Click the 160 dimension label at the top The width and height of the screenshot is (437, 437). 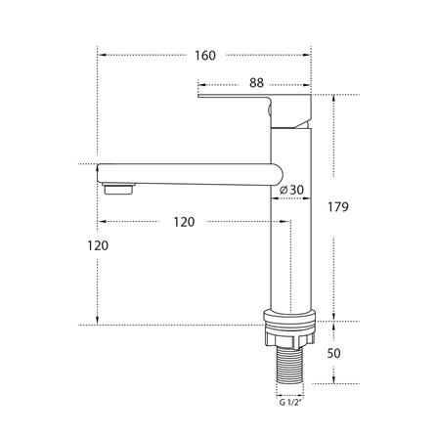tap(205, 55)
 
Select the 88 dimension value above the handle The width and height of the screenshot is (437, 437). tap(255, 84)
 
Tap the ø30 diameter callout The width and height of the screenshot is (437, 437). tap(289, 189)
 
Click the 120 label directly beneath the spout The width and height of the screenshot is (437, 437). tap(183, 222)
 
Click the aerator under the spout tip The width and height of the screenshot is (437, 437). tap(117, 184)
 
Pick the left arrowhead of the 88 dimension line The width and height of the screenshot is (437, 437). tap(202, 84)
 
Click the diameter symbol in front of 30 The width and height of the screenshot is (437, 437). tap(282, 189)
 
